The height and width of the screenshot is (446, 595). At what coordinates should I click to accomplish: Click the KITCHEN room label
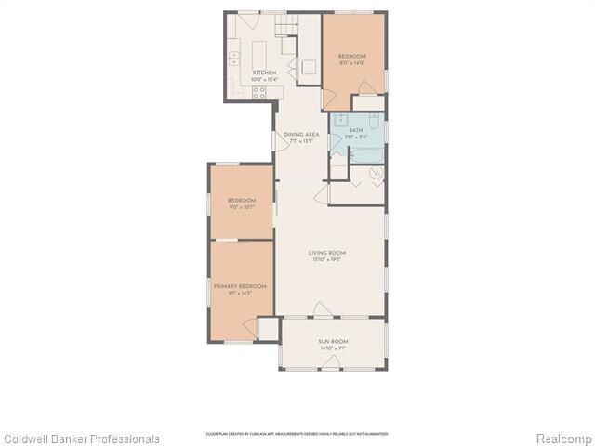click(x=265, y=72)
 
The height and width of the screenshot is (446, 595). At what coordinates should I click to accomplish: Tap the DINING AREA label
click(x=301, y=135)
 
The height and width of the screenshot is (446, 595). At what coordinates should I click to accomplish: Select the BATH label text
click(x=355, y=130)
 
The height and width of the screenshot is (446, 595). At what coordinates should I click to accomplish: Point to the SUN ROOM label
click(x=332, y=342)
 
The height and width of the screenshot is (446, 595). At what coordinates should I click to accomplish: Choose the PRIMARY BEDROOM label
click(x=240, y=286)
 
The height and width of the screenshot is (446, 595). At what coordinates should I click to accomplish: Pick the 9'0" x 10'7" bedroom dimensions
click(x=241, y=207)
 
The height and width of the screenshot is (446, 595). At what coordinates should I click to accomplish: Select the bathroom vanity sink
click(x=342, y=120)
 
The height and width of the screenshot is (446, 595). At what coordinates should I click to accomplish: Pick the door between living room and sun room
click(x=321, y=309)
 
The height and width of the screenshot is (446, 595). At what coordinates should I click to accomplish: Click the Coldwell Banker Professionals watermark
click(x=81, y=439)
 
